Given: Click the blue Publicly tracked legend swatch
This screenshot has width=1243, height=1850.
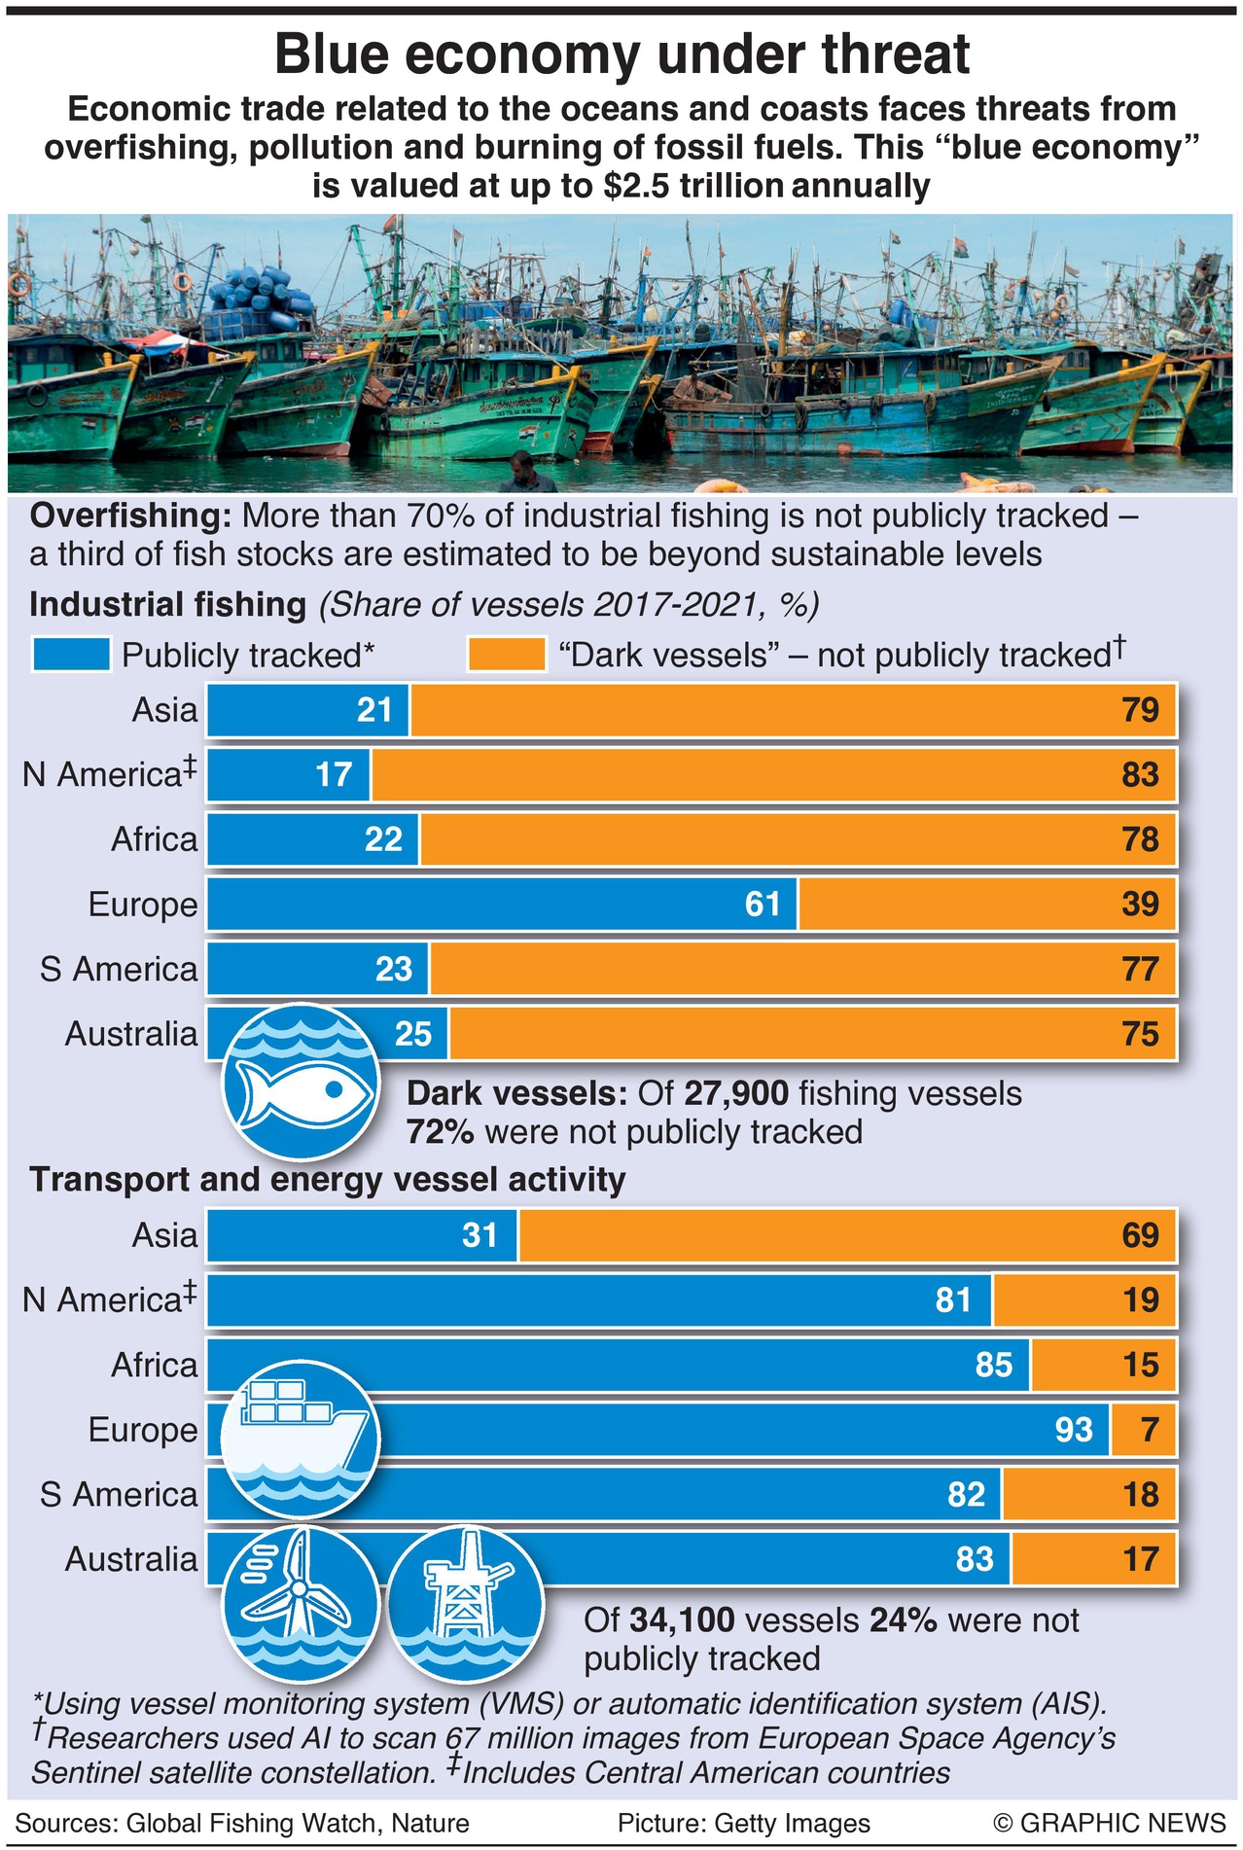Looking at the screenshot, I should pos(71,655).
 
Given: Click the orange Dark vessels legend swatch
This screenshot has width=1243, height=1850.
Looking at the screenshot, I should pos(506,655).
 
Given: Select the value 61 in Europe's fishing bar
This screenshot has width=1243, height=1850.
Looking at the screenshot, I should pos(763,904).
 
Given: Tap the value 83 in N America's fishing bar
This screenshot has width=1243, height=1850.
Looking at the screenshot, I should pos(1140,774).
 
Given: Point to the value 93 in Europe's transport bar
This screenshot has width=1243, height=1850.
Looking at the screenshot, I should pos(1074,1430).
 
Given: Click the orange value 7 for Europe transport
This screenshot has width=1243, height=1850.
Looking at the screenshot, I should pos(1150,1430).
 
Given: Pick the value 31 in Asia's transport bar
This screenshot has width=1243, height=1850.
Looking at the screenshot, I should pos(479,1235).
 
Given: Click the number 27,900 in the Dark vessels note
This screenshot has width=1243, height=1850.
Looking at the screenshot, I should pos(736,1093).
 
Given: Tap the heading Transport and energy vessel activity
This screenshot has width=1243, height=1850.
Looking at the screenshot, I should pos(328,1179).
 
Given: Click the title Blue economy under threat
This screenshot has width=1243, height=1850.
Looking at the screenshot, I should pos(621,54).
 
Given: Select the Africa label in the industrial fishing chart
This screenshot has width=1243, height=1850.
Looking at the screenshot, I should pos(154,839).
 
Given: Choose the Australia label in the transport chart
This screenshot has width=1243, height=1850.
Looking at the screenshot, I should pos(131,1559).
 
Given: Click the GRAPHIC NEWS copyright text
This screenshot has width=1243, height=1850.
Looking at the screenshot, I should pos(1110,1823).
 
